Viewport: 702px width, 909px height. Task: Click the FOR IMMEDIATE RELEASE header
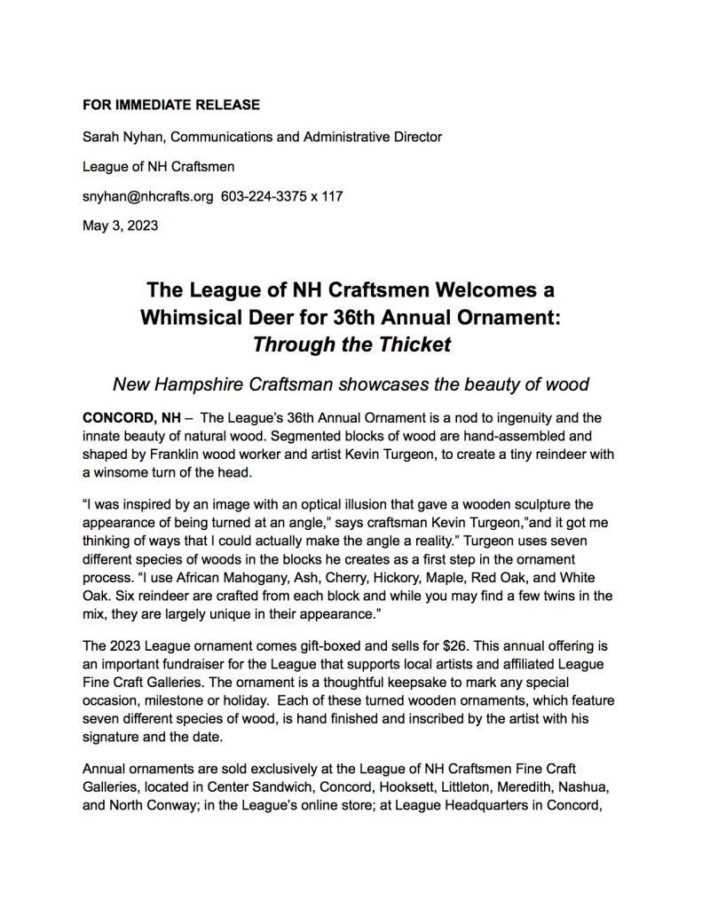pyautogui.click(x=170, y=105)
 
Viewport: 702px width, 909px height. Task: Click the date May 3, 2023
pyautogui.click(x=120, y=225)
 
